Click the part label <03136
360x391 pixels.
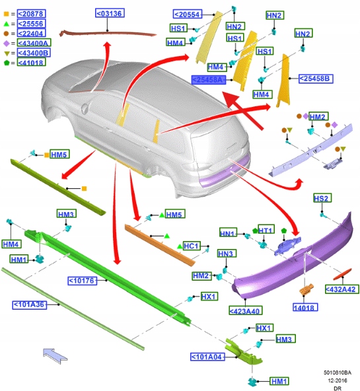pyautogui.click(x=110, y=13)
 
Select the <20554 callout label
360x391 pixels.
pyautogui.click(x=188, y=15)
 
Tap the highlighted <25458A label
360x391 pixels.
pyautogui.click(x=209, y=80)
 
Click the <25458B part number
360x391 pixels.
pyautogui.click(x=316, y=79)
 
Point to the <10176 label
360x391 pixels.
pyautogui.click(x=83, y=281)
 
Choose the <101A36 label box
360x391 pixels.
pyautogui.click(x=30, y=304)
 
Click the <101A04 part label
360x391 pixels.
pyautogui.click(x=207, y=357)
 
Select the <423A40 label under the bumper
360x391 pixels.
pyautogui.click(x=246, y=310)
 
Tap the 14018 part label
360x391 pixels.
pyautogui.click(x=305, y=307)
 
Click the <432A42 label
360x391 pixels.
pyautogui.click(x=342, y=289)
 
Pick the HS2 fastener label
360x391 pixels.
pyautogui.click(x=322, y=198)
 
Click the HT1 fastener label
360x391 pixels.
pyautogui.click(x=266, y=229)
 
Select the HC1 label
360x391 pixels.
pyautogui.click(x=192, y=246)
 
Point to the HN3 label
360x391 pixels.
pyautogui.click(x=227, y=254)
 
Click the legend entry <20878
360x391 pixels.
pyautogui.click(x=32, y=14)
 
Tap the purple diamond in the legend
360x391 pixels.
pyautogui.click(x=6, y=44)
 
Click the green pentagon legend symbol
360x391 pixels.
pyautogui.click(x=6, y=63)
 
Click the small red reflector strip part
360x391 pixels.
pyautogui.click(x=342, y=273)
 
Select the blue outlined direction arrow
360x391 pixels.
pyautogui.click(x=55, y=355)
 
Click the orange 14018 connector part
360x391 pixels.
pyautogui.click(x=306, y=289)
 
